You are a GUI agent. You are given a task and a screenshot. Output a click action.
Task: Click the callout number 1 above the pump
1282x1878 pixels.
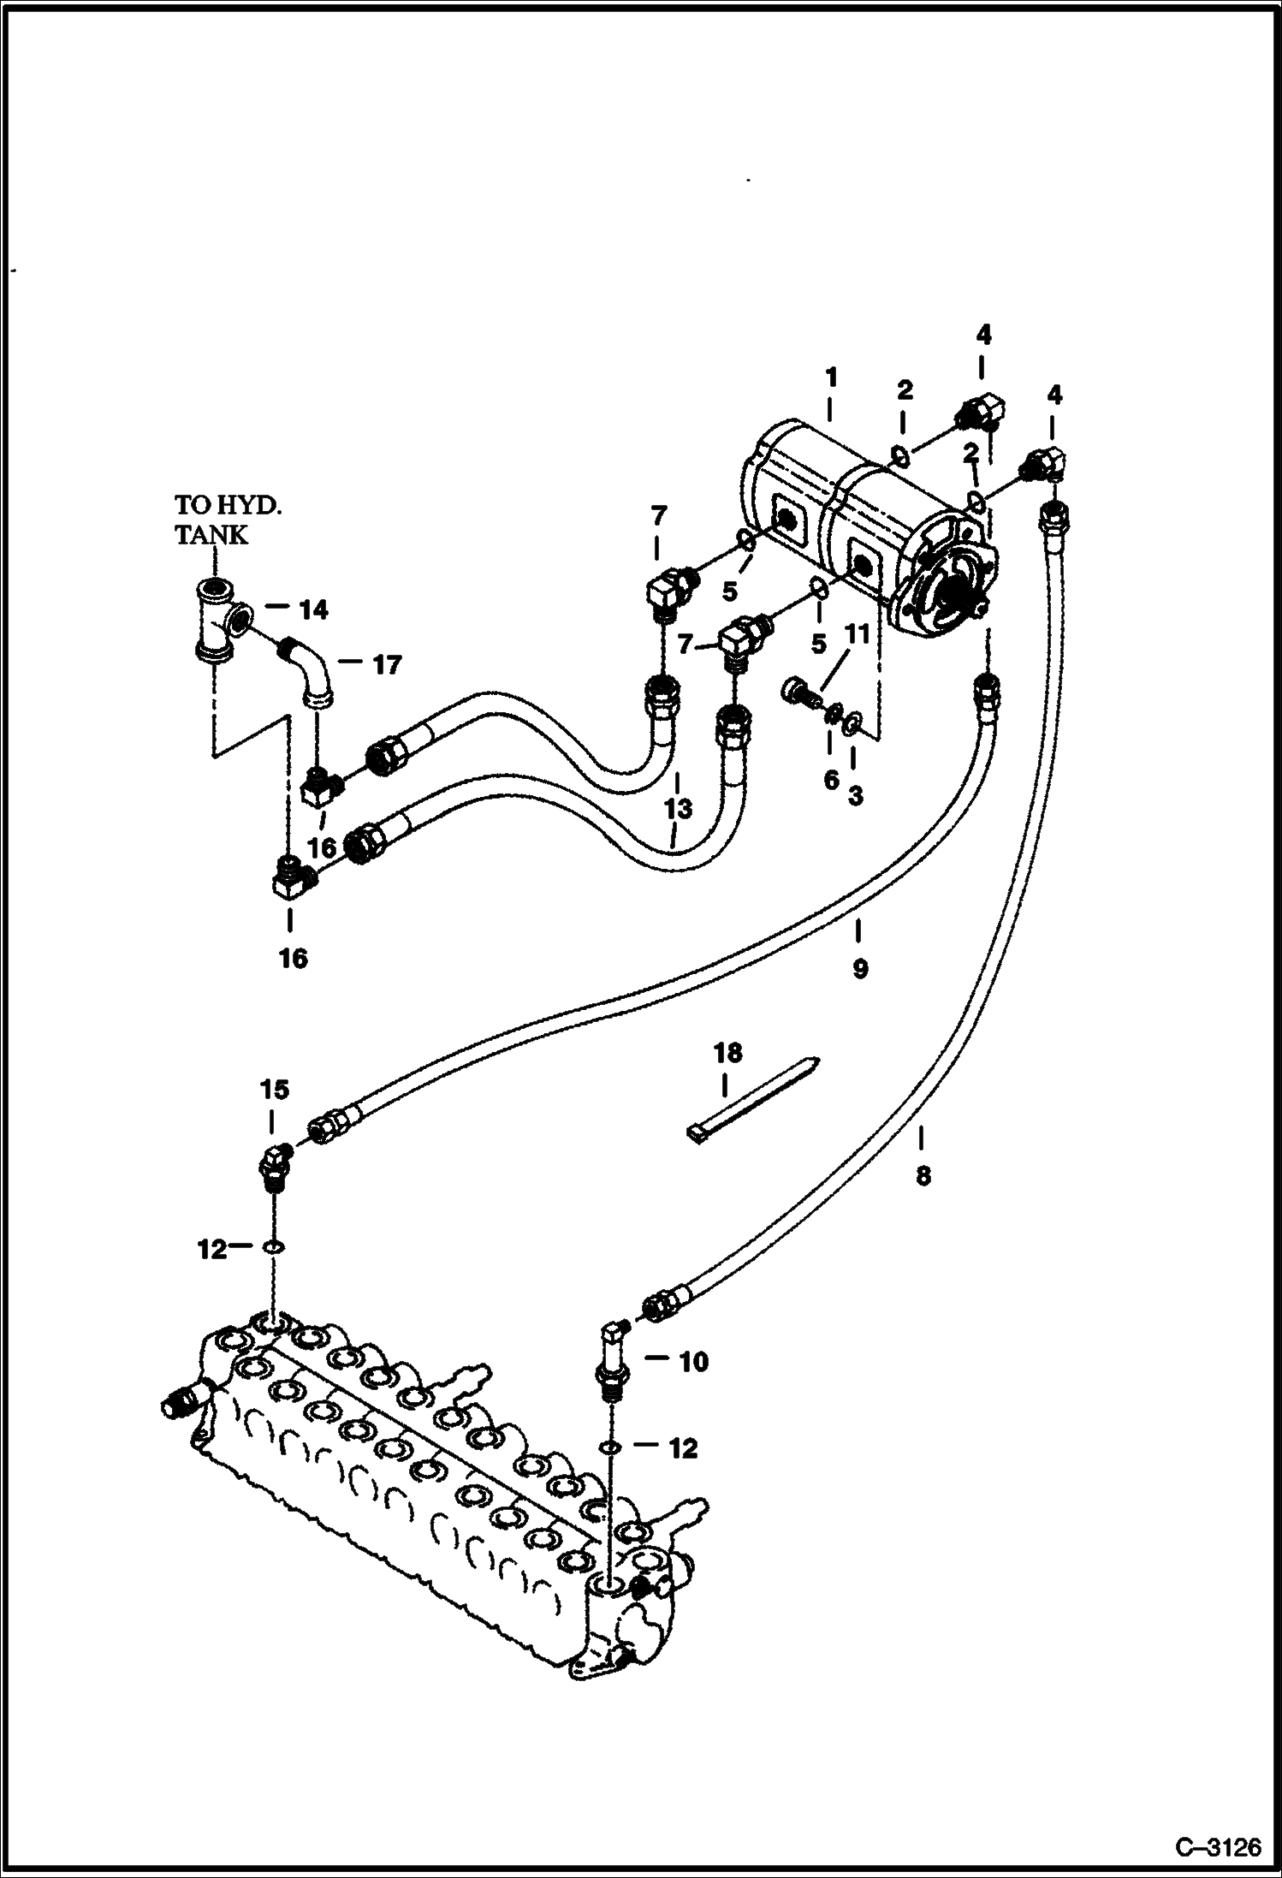830,377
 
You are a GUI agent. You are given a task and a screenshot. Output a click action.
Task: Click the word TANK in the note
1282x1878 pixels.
211,535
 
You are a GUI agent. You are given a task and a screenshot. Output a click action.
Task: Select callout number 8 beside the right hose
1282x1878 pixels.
923,1176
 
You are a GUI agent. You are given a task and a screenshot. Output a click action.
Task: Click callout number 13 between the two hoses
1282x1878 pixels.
676,808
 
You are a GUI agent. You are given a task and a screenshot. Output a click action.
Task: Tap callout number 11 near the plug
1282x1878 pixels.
858,634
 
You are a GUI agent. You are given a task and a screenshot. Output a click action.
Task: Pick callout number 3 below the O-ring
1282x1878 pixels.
855,795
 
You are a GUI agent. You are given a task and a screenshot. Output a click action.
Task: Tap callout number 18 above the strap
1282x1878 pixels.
727,1053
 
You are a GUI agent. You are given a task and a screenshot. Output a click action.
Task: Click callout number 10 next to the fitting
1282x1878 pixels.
693,1361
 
